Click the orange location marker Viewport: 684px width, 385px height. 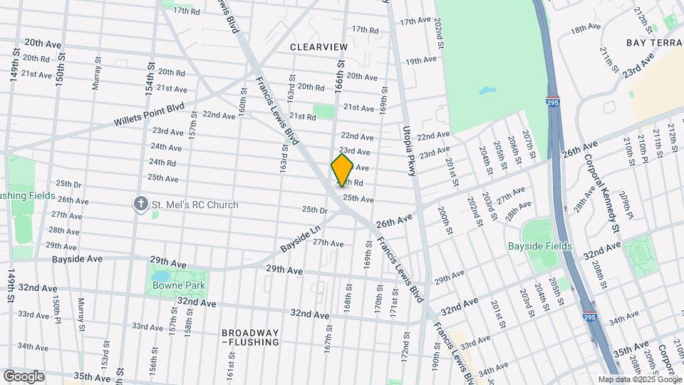(x=342, y=170)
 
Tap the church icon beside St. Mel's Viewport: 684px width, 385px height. (x=141, y=205)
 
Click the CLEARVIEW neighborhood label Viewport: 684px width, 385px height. (x=318, y=46)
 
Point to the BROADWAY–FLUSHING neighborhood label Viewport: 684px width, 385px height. (x=249, y=337)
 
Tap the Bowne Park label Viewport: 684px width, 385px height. (x=179, y=285)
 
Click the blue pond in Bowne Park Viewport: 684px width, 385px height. (x=162, y=275)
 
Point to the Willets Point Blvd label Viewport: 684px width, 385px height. (x=148, y=115)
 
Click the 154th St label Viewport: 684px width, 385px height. (x=150, y=78)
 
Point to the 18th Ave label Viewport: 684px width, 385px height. (x=586, y=28)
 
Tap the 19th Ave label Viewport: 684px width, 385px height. (x=420, y=61)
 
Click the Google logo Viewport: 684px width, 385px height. (x=24, y=376)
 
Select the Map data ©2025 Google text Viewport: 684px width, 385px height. (x=640, y=380)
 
